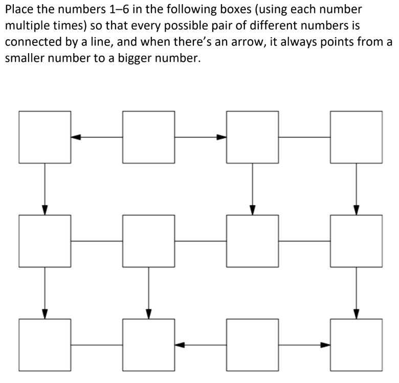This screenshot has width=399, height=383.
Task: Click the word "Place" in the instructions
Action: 19,10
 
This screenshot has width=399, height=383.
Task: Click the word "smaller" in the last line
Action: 26,58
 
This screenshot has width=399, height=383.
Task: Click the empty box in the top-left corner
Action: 45,137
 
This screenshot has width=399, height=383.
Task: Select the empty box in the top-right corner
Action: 356,137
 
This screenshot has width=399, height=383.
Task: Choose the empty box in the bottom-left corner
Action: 45,345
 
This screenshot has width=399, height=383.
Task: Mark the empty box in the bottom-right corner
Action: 356,345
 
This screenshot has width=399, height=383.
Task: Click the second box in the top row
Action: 148,137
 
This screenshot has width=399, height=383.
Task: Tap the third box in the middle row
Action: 252,241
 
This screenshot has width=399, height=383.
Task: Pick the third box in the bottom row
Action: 252,345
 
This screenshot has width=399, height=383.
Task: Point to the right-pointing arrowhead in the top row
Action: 221,137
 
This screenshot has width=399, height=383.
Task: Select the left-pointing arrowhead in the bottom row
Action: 180,345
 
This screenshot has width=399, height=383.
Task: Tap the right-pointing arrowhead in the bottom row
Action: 325,345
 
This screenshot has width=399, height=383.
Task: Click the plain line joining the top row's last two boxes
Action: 304,137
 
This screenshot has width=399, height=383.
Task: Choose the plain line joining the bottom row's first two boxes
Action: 97,345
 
